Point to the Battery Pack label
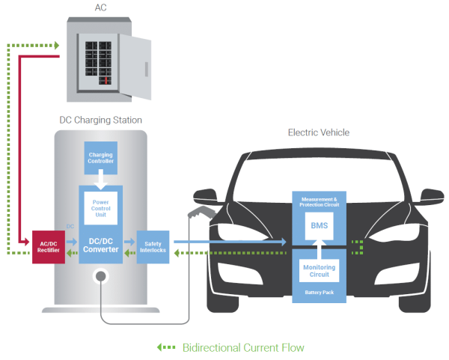point(320,292)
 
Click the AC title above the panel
point(100,7)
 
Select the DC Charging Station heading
point(100,120)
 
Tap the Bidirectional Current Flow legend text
point(243,348)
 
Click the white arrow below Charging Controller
point(100,180)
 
